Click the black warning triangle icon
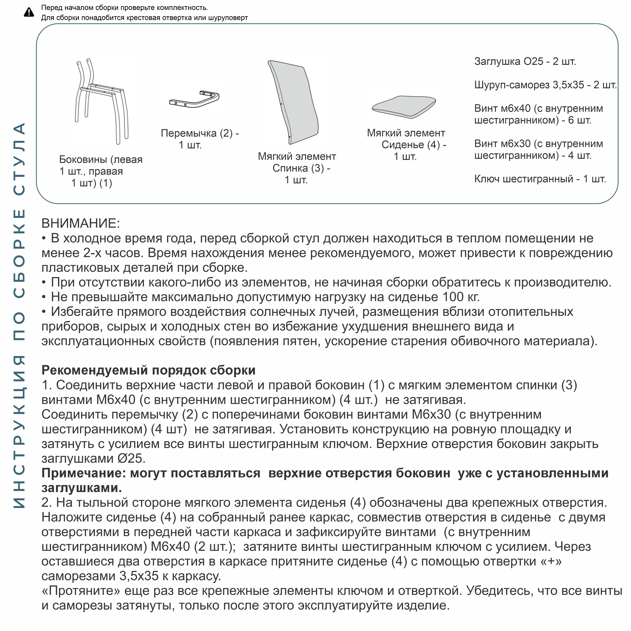(x=29, y=12)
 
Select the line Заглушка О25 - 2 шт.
(x=525, y=61)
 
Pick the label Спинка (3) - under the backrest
(x=301, y=168)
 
